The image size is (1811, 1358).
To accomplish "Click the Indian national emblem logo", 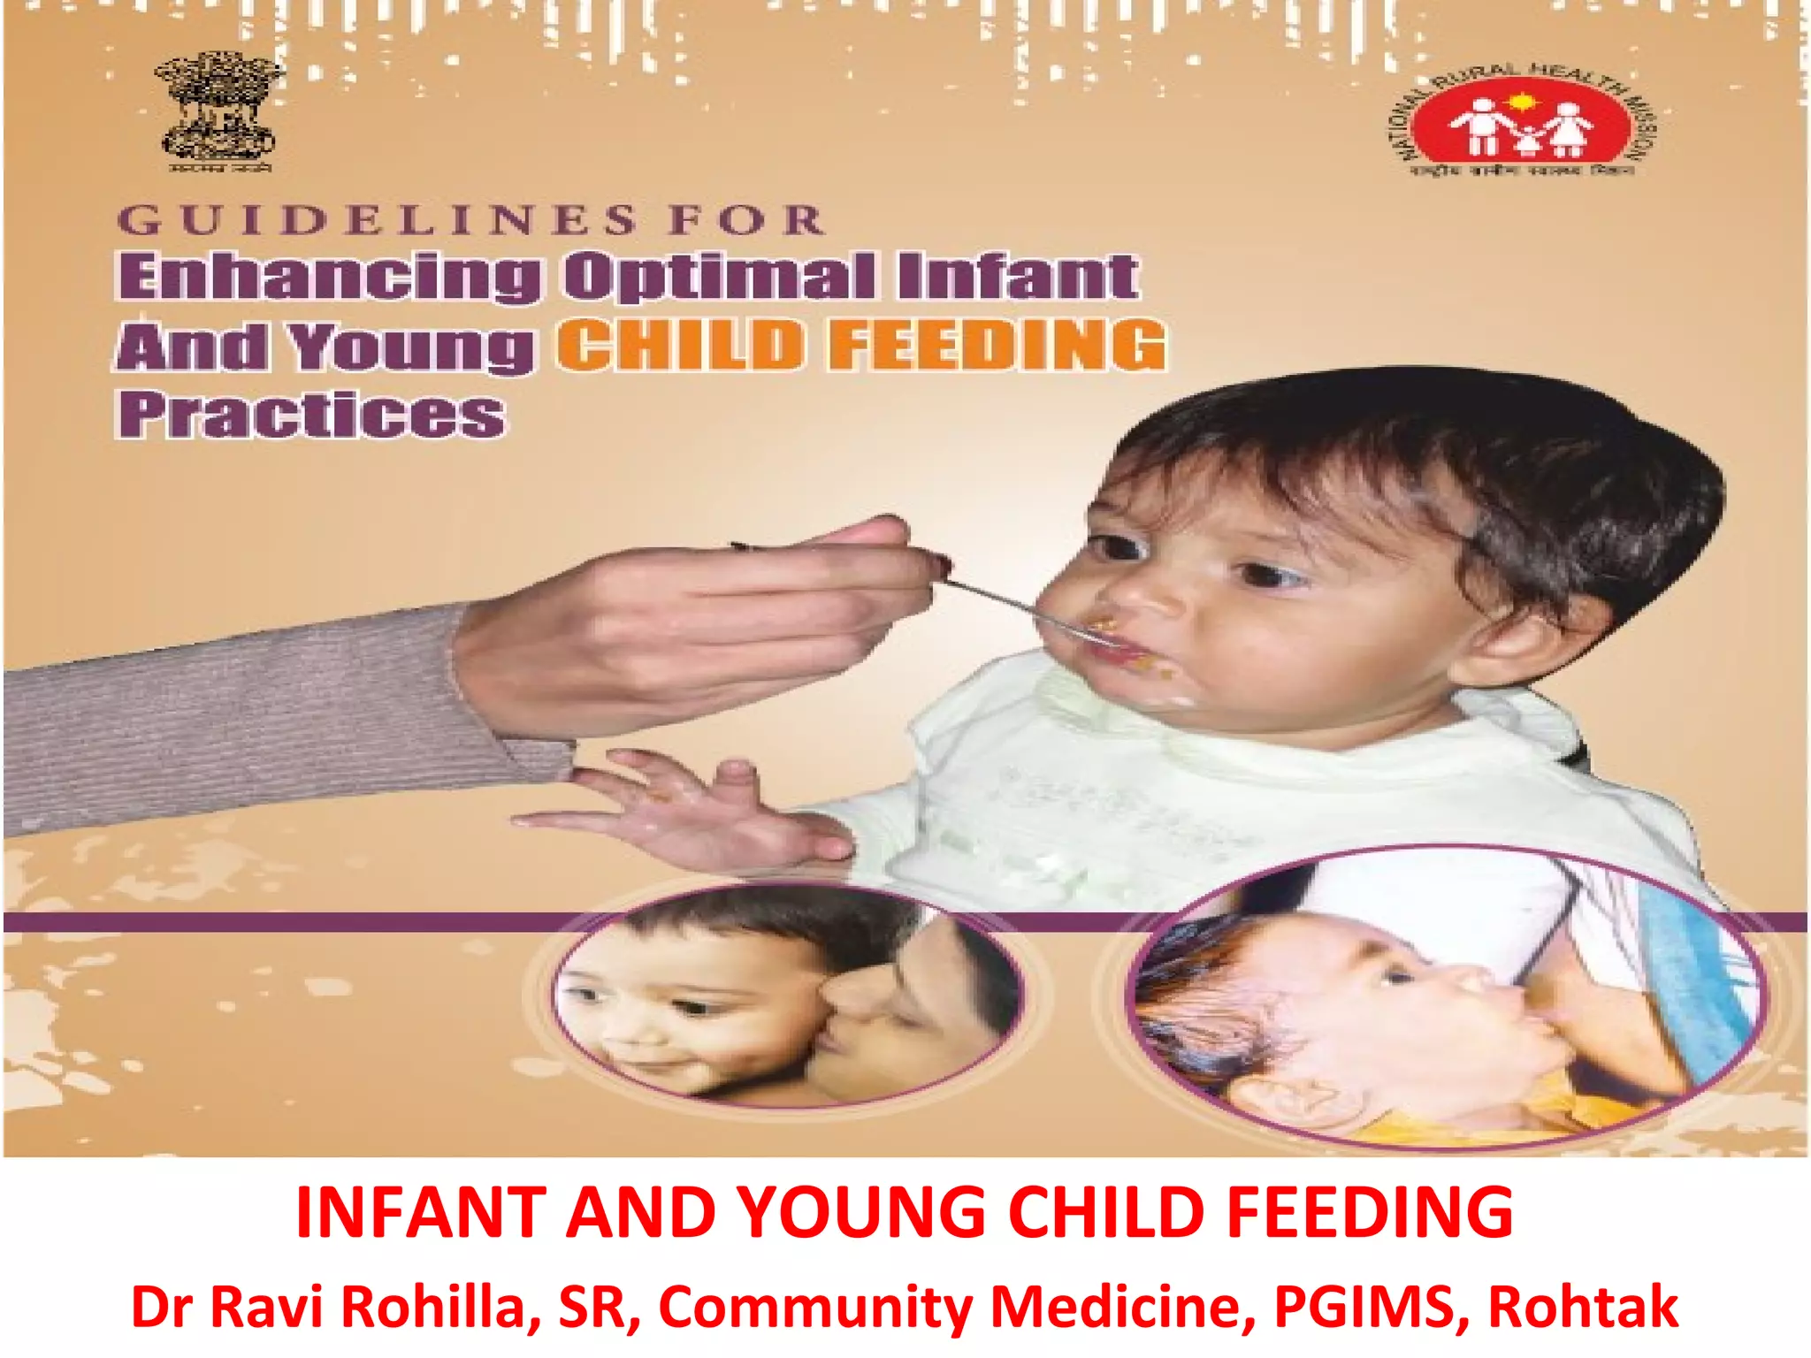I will [x=218, y=111].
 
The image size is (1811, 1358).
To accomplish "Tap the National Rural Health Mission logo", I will [x=1521, y=121].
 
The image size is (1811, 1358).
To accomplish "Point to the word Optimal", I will [x=720, y=277].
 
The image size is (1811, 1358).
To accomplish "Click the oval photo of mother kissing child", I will [x=787, y=995].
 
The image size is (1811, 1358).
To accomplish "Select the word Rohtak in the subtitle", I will [x=1583, y=1307].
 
